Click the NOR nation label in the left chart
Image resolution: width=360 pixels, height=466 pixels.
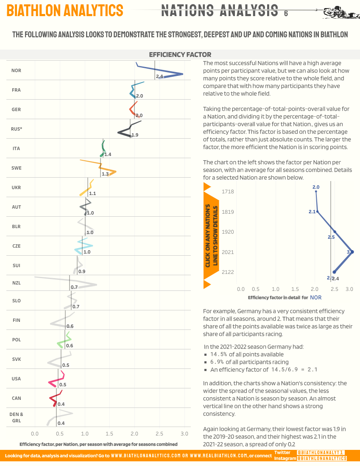pyautogui.click(x=17, y=70)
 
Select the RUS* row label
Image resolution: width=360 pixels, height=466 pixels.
pyautogui.click(x=17, y=129)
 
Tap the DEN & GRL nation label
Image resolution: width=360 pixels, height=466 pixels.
pyautogui.click(x=17, y=417)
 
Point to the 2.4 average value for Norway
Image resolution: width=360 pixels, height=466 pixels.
pyautogui.click(x=159, y=76)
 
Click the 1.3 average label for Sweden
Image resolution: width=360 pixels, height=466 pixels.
pyautogui.click(x=105, y=174)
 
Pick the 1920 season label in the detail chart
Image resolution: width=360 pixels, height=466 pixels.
pyautogui.click(x=228, y=232)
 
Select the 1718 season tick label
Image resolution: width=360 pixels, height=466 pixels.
pyautogui.click(x=228, y=192)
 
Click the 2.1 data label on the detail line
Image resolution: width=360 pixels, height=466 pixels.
pyautogui.click(x=312, y=212)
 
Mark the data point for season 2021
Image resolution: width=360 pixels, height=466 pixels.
pyautogui.click(x=352, y=252)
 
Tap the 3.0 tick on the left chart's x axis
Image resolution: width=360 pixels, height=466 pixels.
pyautogui.click(x=184, y=433)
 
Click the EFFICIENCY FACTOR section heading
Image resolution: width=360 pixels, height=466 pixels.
pyautogui.click(x=180, y=55)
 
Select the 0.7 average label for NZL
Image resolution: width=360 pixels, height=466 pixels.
pyautogui.click(x=74, y=287)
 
